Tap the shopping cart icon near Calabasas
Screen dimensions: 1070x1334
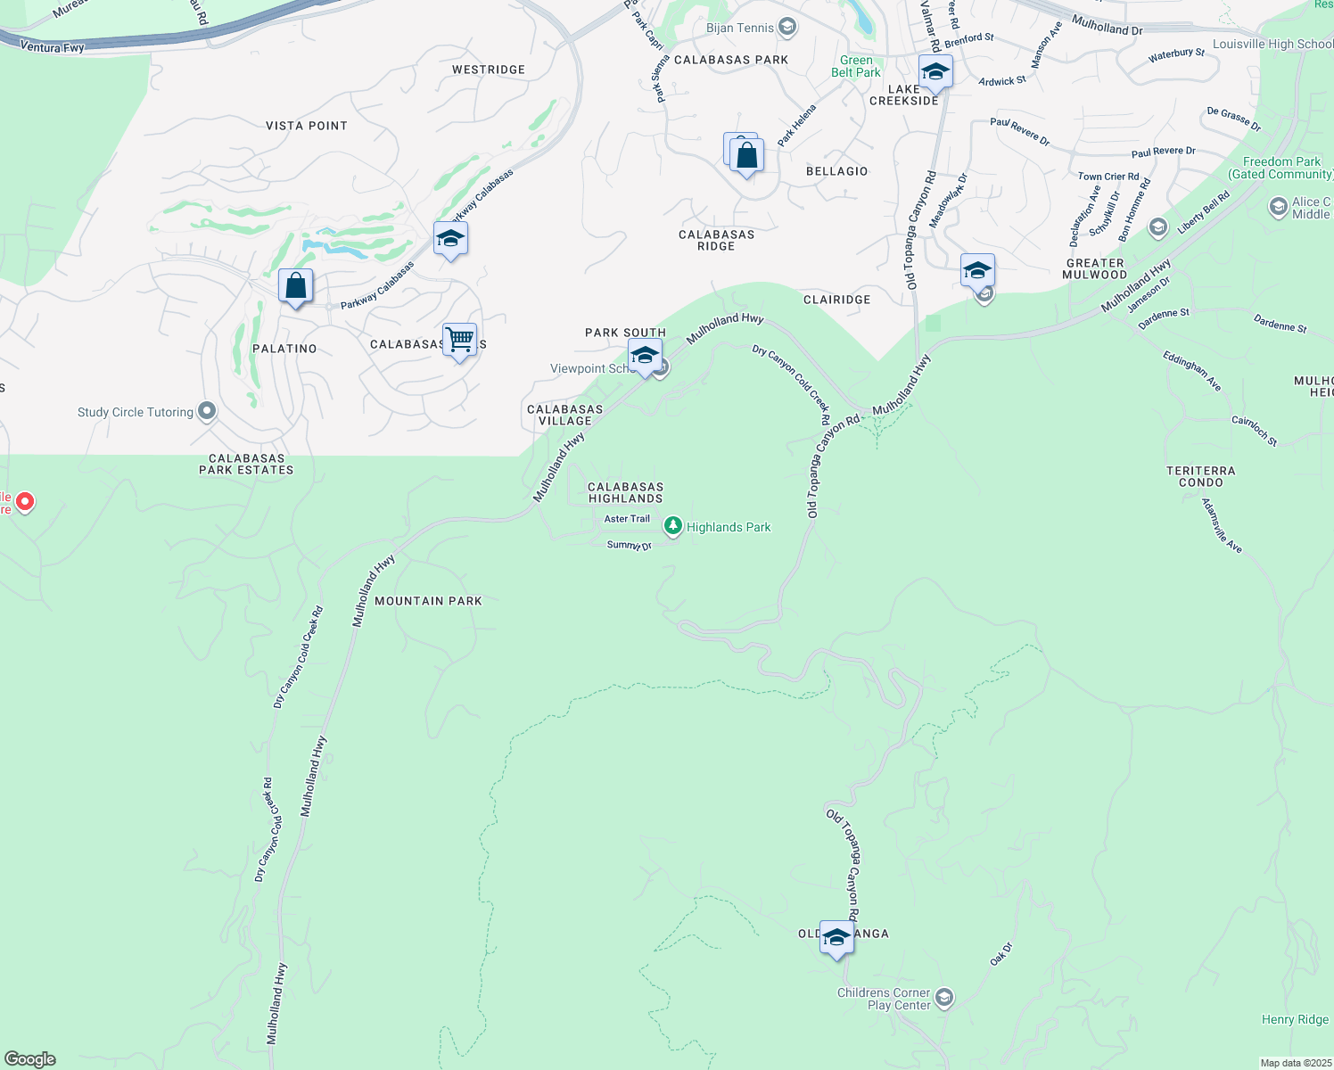point(459,340)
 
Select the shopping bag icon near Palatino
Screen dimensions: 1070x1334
point(295,286)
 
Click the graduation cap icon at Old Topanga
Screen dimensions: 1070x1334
point(836,937)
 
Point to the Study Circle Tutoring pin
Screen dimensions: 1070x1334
point(207,411)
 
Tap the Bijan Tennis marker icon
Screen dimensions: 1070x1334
point(786,28)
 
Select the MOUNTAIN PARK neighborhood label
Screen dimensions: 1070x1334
point(428,601)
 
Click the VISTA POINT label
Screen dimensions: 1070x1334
point(307,126)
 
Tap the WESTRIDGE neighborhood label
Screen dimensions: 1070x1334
point(489,70)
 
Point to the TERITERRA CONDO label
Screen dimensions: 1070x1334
point(1201,476)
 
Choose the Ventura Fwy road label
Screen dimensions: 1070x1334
point(52,46)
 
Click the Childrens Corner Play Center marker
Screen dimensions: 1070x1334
point(944,998)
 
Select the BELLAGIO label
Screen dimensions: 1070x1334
point(836,171)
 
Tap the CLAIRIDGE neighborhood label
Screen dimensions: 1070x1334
point(836,300)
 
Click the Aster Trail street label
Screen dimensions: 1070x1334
point(627,519)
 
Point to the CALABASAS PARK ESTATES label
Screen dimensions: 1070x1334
point(246,464)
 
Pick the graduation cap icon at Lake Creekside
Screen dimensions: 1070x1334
point(935,72)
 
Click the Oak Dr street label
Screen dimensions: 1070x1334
point(1001,954)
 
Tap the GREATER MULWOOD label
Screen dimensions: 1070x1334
point(1094,268)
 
